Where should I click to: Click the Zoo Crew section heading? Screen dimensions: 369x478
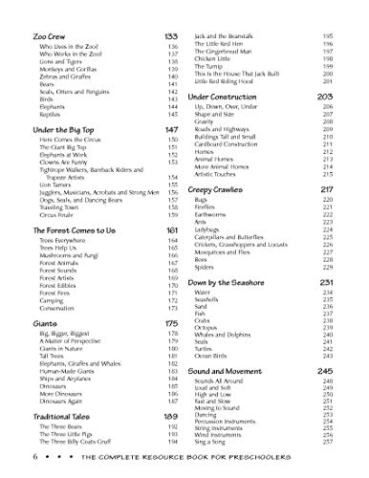point(30,33)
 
